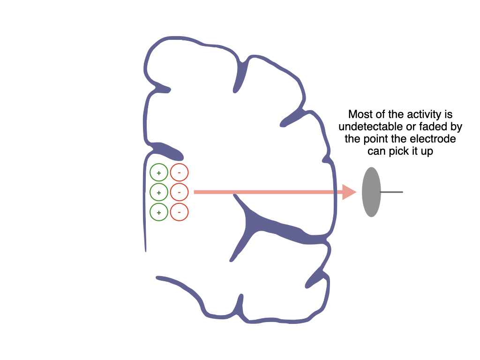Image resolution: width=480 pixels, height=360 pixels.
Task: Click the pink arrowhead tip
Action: pyautogui.click(x=357, y=192)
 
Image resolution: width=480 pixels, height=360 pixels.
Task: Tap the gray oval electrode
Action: pyautogui.click(x=371, y=192)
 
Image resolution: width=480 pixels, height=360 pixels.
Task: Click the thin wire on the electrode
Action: pyautogui.click(x=391, y=192)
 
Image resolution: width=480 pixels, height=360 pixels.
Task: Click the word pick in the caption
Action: pyautogui.click(x=399, y=151)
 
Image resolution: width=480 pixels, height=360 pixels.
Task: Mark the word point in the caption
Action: pyautogui.click(x=375, y=139)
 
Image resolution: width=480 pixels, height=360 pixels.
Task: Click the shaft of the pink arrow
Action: pyautogui.click(x=268, y=192)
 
